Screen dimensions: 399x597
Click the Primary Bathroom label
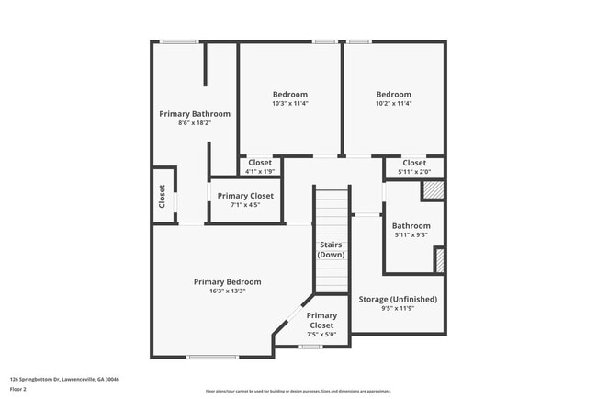195,114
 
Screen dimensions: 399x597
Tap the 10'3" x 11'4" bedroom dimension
290,104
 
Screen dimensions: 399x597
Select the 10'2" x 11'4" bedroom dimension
394,104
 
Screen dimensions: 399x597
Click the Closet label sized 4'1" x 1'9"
261,163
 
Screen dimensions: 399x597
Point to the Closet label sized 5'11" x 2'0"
414,163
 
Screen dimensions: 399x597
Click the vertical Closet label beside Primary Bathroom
163,195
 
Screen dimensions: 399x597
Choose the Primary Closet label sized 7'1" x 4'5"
245,196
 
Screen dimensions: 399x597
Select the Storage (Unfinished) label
398,299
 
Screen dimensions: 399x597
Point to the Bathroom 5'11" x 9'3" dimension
411,235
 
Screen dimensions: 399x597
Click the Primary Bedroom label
227,281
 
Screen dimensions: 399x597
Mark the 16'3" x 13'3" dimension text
227,291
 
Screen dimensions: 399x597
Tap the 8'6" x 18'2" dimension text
195,123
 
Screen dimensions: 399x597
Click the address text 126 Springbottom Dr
64,379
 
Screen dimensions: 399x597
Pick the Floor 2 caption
18,390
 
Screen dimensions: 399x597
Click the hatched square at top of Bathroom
432,190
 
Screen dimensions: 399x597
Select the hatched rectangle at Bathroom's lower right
439,260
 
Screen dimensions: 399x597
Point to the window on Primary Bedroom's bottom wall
213,358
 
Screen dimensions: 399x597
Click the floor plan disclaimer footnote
298,391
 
